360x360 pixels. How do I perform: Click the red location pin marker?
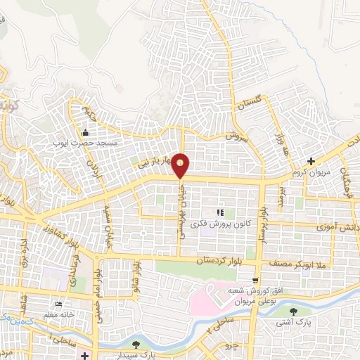[x=181, y=166]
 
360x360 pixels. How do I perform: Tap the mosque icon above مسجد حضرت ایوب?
[x=86, y=133]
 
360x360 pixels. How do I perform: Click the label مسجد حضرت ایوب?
[x=85, y=143]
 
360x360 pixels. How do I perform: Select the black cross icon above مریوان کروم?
[x=311, y=161]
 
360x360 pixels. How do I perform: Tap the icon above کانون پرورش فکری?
[x=220, y=212]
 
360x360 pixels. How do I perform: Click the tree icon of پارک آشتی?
[x=303, y=311]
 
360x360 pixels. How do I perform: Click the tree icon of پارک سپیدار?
[x=135, y=345]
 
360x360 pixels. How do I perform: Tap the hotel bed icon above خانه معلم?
[x=59, y=304]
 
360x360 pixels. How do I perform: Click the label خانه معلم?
[x=60, y=314]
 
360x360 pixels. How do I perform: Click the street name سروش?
[x=233, y=135]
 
